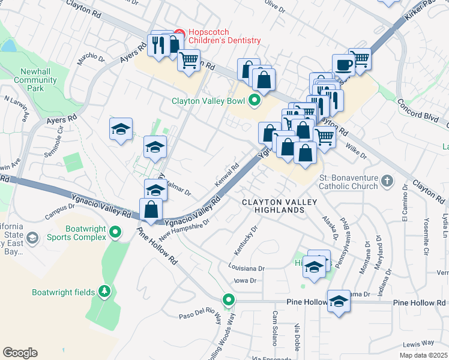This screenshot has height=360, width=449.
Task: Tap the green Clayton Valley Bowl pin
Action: point(254,101)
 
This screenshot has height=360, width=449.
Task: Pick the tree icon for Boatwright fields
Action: point(105,292)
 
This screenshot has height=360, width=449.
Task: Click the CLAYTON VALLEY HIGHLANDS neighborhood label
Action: point(280,206)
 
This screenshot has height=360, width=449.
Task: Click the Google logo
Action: point(20,353)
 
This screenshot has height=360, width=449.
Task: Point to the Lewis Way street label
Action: point(418,343)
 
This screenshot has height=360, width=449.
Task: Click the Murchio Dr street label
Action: point(91,61)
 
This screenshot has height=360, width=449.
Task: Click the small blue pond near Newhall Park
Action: point(8,46)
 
